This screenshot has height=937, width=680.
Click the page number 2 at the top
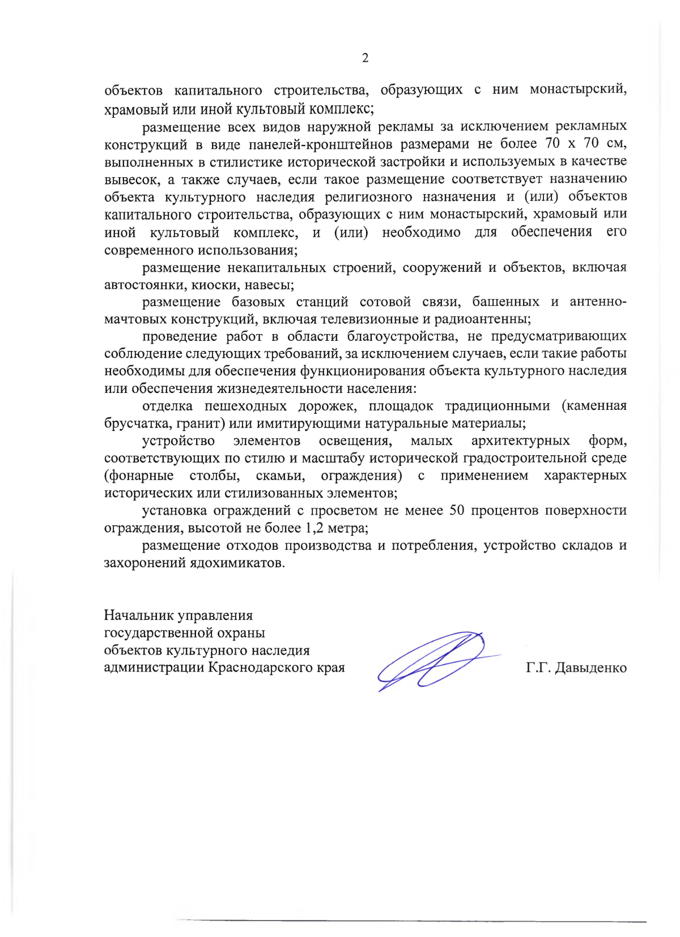(365, 58)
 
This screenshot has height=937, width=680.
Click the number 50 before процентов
(457, 511)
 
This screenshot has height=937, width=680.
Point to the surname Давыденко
(591, 668)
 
